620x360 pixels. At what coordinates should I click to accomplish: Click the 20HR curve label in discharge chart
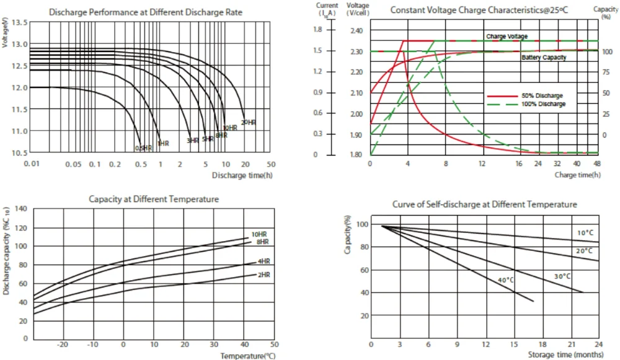tap(248, 123)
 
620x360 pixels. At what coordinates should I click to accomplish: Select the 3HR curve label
tap(193, 141)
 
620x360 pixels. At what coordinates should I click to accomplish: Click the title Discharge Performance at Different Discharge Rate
tap(146, 12)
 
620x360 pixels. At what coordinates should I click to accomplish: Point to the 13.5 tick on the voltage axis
tap(20, 23)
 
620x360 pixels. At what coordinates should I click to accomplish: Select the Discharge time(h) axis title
tap(242, 175)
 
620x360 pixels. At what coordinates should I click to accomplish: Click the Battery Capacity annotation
tap(544, 57)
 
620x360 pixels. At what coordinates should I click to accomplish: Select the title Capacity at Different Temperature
tap(153, 199)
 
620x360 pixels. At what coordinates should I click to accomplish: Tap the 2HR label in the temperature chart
tap(263, 274)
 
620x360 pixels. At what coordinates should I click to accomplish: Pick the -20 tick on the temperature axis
tap(62, 344)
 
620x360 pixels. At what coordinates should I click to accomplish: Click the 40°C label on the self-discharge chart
tap(506, 280)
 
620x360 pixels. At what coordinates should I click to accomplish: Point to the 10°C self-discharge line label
tap(585, 232)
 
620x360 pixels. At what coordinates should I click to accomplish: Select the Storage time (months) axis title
tap(565, 354)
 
